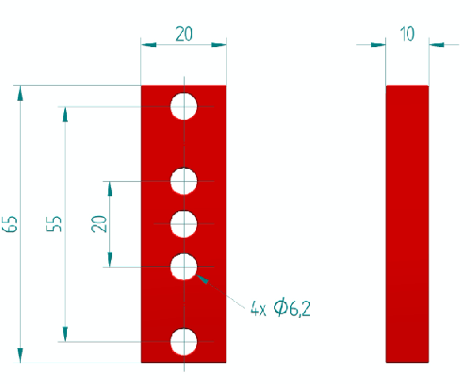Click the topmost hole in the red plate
(184, 107)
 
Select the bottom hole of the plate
(184, 342)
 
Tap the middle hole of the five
(184, 224)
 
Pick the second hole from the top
(184, 181)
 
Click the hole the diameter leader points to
(184, 267)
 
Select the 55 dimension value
(55, 224)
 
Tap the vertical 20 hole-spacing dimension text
(99, 224)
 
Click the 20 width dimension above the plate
(184, 34)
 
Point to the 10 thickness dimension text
(407, 34)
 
